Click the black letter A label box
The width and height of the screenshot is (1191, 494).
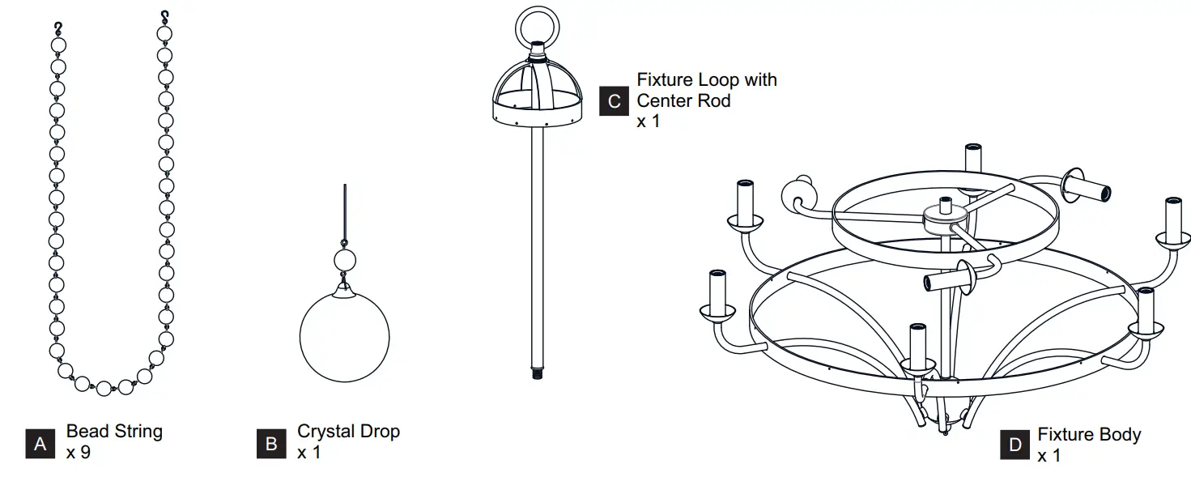39,444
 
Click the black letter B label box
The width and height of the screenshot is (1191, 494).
271,444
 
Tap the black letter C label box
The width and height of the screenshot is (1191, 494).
615,101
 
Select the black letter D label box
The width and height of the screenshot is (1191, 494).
1015,445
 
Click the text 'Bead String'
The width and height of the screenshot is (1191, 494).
114,432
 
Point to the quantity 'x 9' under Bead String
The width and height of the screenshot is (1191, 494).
79,452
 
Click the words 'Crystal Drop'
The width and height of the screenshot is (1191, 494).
348,432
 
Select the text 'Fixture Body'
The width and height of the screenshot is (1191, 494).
1089,435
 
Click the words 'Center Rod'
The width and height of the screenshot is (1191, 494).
683,101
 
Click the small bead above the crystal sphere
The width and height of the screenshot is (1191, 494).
345,261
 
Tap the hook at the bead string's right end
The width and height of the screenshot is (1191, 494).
165,15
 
